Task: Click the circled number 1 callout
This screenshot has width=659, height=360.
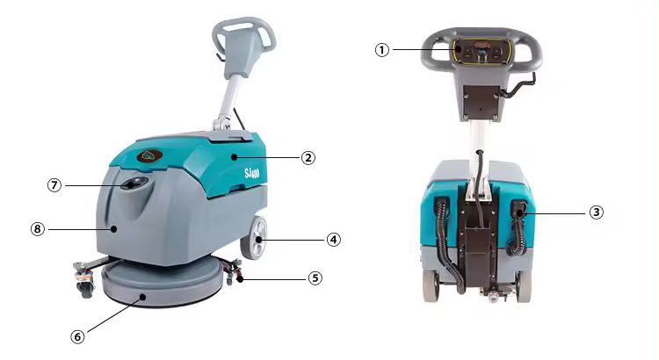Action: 381,50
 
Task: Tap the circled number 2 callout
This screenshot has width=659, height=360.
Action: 308,158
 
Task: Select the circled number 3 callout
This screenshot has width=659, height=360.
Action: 596,212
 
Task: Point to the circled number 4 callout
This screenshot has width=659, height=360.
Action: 334,240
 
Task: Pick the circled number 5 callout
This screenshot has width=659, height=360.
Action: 315,278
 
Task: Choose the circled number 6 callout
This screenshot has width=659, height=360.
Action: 77,336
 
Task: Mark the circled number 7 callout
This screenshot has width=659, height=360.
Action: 54,185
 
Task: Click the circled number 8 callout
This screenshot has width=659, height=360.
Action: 38,229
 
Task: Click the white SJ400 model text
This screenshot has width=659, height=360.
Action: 252,173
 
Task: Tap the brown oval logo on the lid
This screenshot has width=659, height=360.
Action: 149,155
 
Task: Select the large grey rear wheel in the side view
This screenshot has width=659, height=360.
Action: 254,237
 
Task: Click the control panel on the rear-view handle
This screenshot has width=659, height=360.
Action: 482,51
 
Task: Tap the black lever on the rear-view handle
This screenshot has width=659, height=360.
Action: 521,85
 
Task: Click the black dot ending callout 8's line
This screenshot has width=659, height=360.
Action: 113,229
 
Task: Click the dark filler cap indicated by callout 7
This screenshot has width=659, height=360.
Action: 134,184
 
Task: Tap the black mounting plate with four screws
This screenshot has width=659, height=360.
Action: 482,102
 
